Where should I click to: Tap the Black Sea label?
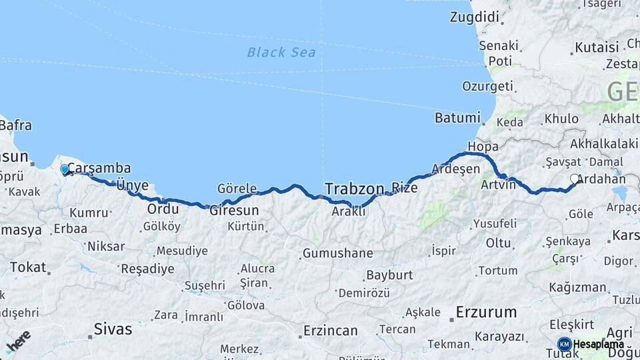coord(281,52)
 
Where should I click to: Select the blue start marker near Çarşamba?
coord(65,169)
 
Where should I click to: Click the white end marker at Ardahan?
coord(575,179)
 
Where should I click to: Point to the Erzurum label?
coord(486,311)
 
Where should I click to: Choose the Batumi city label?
coord(457,118)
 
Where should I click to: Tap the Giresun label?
coord(234,211)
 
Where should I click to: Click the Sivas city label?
coord(113,329)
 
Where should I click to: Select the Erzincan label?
coord(330,331)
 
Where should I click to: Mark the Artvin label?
coord(499,184)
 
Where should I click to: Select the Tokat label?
coord(28,268)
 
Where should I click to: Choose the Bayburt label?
coord(390,275)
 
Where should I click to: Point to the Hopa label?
coord(483,147)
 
